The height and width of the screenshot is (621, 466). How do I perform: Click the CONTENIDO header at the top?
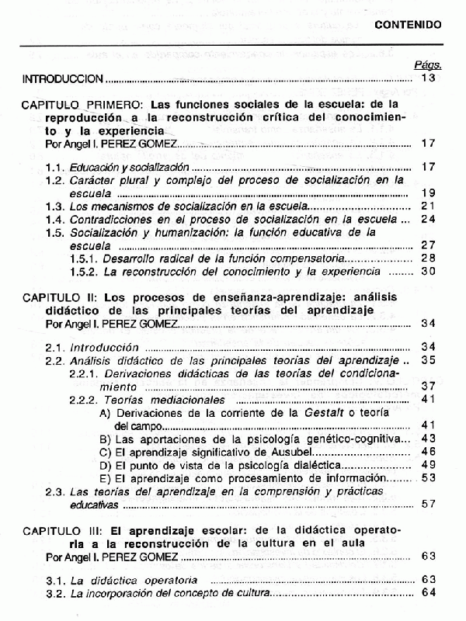click(408, 25)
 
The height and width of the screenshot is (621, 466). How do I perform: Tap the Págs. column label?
click(429, 66)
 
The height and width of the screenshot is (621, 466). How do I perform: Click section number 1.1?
click(54, 167)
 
